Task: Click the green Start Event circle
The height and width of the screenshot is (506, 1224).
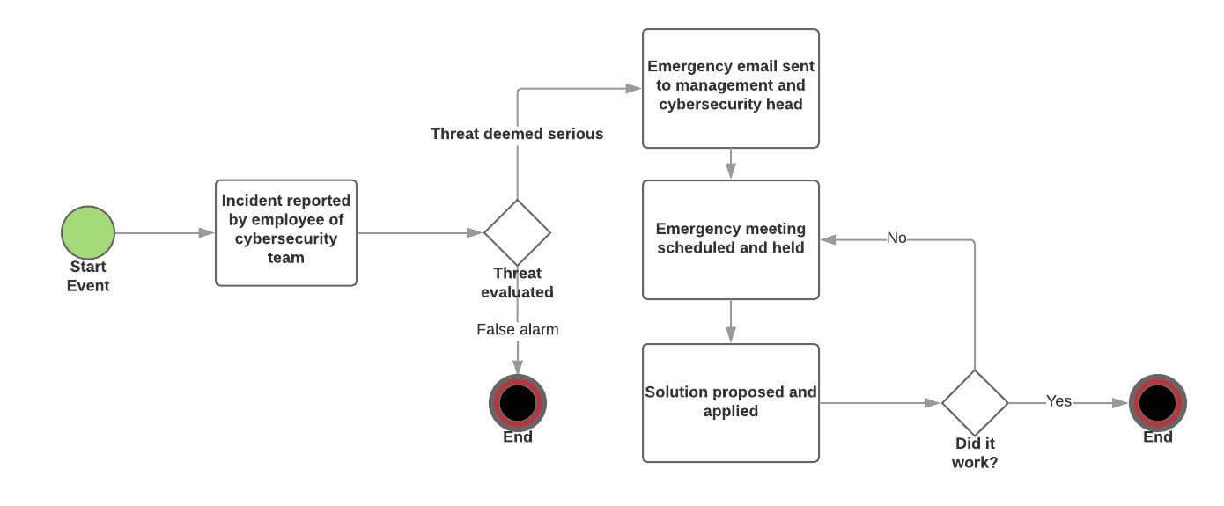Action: coord(88,232)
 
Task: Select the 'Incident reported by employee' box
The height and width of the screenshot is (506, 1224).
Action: coord(286,232)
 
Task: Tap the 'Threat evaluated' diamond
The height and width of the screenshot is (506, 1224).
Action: coord(517,232)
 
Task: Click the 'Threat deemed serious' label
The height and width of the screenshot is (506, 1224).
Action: coord(517,134)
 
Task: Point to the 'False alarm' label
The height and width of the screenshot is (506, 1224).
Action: coord(517,329)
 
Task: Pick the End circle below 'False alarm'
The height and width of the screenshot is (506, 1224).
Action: coord(518,402)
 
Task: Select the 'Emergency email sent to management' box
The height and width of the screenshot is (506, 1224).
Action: coord(731,88)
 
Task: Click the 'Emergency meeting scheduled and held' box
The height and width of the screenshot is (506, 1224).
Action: coord(731,239)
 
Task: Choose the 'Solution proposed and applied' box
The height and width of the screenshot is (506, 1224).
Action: coord(731,402)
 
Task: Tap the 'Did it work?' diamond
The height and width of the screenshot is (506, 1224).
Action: coord(975,402)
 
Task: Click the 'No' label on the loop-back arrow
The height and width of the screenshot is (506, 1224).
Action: coord(896,238)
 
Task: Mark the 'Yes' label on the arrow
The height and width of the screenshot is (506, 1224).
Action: coord(1058,401)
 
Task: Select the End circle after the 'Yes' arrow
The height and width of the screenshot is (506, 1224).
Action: coord(1158,402)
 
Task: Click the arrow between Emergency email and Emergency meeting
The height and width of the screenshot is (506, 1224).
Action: coord(731,164)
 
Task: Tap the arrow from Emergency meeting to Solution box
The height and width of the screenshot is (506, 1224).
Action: coord(731,321)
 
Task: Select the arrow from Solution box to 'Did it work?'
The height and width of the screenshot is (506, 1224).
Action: coord(880,403)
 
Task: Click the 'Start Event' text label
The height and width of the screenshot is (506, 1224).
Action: coord(88,275)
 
